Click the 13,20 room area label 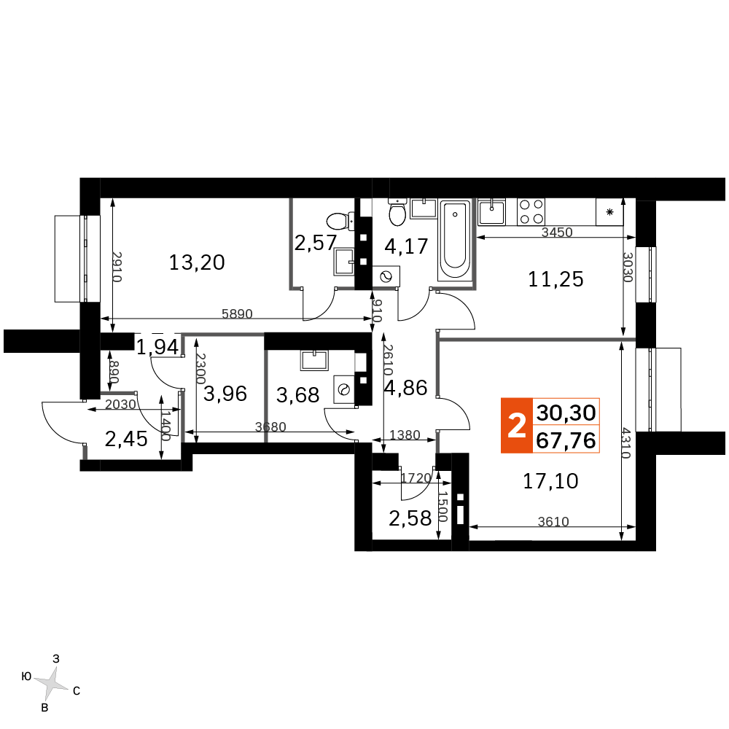pyautogui.click(x=197, y=262)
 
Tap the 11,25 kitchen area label pyautogui.click(x=555, y=279)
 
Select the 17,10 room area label pyautogui.click(x=550, y=481)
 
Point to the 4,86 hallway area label pyautogui.click(x=405, y=388)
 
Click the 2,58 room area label pyautogui.click(x=410, y=518)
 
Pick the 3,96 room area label pyautogui.click(x=225, y=394)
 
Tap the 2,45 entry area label pyautogui.click(x=126, y=439)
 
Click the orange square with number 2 pyautogui.click(x=517, y=426)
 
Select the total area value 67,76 pyautogui.click(x=566, y=440)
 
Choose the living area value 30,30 pyautogui.click(x=566, y=413)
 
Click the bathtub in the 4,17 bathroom pyautogui.click(x=455, y=241)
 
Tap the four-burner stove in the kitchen pyautogui.click(x=531, y=212)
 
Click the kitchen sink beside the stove pyautogui.click(x=491, y=212)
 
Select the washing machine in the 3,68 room pyautogui.click(x=344, y=389)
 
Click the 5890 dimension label pyautogui.click(x=237, y=313)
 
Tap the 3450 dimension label pyautogui.click(x=557, y=232)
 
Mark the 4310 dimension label pyautogui.click(x=625, y=443)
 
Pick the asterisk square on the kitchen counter pyautogui.click(x=609, y=212)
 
